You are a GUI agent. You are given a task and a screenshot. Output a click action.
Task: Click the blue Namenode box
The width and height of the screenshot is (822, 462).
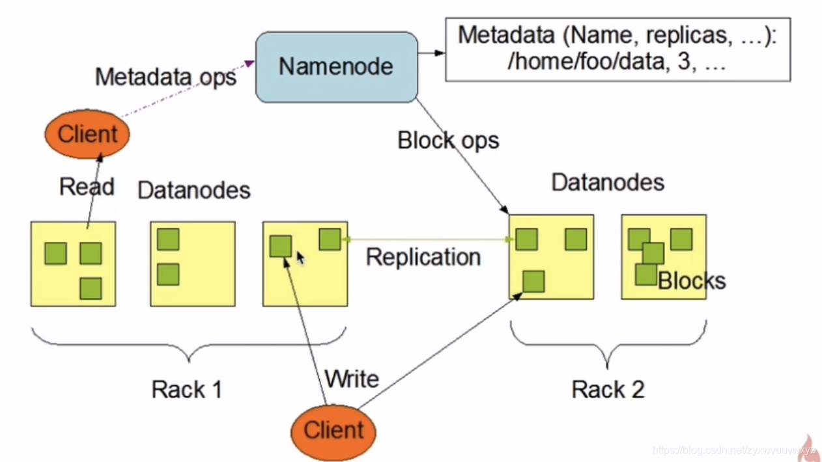[336, 66]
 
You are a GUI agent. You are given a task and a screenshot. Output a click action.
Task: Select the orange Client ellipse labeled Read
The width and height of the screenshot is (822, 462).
[87, 134]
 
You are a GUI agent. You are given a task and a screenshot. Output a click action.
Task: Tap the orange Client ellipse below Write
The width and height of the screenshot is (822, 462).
[333, 430]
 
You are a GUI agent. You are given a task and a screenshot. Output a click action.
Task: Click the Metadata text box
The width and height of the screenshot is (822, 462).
[617, 49]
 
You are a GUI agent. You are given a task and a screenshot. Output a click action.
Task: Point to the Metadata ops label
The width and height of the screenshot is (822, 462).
[165, 77]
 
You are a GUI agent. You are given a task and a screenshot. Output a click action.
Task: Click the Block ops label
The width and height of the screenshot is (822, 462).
[448, 140]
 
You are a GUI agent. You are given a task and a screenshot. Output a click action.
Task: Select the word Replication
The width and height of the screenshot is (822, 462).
[423, 257]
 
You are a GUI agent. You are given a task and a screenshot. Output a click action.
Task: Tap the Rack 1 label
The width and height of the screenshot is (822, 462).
[187, 389]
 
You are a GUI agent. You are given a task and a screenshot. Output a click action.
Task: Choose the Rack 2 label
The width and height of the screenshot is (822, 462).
[608, 389]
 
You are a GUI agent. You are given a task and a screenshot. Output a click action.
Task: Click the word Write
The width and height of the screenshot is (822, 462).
[352, 378]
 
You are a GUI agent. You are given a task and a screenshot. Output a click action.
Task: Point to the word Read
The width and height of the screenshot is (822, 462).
[87, 187]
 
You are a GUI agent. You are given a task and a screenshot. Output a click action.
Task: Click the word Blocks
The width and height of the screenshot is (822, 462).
[692, 280]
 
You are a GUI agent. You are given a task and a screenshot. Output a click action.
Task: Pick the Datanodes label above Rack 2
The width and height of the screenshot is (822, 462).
[608, 182]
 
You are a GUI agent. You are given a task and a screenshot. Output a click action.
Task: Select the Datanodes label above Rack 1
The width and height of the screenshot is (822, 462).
[194, 190]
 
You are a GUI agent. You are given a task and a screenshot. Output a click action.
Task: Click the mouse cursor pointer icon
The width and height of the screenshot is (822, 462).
[300, 258]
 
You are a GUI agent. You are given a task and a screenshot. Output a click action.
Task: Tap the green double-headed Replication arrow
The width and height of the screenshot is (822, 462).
[428, 239]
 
